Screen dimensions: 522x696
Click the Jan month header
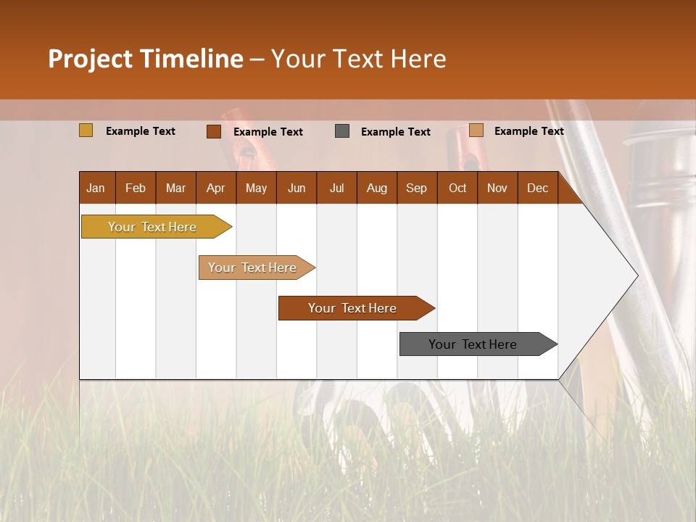[96, 188]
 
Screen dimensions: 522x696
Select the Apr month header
[216, 188]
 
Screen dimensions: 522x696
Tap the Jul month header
[336, 188]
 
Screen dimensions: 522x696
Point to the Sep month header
[416, 188]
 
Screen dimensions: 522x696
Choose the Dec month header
[537, 188]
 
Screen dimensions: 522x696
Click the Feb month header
[136, 188]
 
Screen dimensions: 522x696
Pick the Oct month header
[457, 188]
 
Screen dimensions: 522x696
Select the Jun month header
[297, 188]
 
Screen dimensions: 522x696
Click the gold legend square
[86, 130]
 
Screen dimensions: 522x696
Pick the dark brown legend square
[214, 131]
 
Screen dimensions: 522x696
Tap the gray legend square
[342, 131]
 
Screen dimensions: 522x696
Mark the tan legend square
[476, 130]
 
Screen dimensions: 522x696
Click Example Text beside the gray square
[396, 132]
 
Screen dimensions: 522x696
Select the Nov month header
[497, 188]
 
